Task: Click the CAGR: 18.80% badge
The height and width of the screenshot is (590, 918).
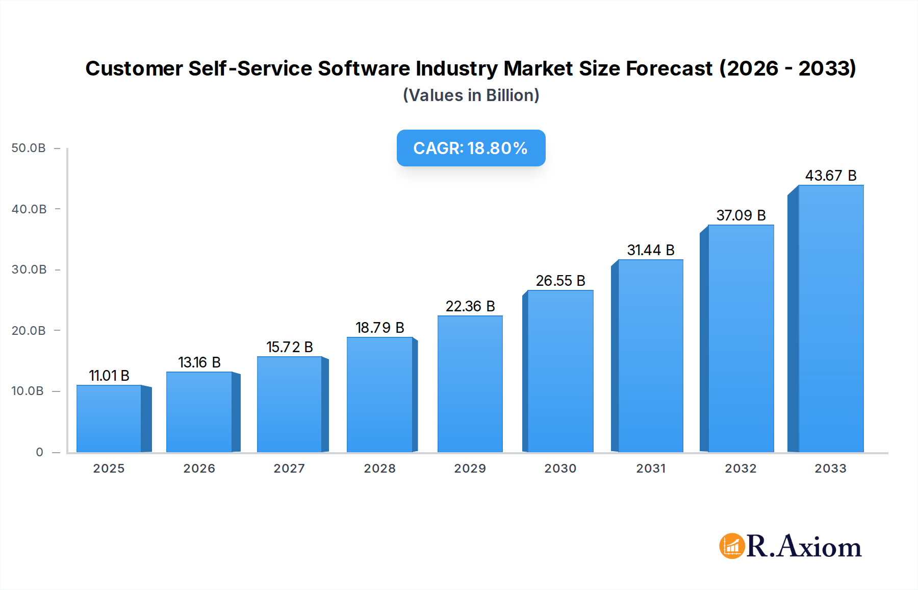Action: point(471,148)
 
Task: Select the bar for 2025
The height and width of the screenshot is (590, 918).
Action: point(109,419)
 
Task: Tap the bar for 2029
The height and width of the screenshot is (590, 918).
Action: point(470,384)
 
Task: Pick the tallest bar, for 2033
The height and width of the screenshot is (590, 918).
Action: point(830,319)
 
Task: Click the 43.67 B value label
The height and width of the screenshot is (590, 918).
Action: point(830,176)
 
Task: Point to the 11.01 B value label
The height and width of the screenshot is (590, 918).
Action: point(109,376)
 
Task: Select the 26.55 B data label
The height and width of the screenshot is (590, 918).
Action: point(560,281)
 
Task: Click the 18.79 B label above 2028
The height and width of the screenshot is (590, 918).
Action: point(379,328)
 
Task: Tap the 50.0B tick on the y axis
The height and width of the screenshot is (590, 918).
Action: point(29,148)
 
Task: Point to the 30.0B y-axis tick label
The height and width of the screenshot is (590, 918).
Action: point(29,269)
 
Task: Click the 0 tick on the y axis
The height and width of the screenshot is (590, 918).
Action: point(39,452)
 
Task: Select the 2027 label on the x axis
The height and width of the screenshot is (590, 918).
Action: point(289,469)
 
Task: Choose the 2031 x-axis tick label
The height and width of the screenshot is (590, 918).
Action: point(650,469)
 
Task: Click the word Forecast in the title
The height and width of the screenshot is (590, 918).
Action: point(669,68)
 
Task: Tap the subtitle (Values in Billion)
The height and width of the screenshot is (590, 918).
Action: point(471,95)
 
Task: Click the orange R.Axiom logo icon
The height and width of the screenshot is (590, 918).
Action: point(732,546)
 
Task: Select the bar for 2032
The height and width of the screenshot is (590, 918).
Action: point(741,338)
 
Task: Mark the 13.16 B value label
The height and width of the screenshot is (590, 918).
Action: point(199,362)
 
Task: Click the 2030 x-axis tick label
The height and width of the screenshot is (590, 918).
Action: point(560,469)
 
